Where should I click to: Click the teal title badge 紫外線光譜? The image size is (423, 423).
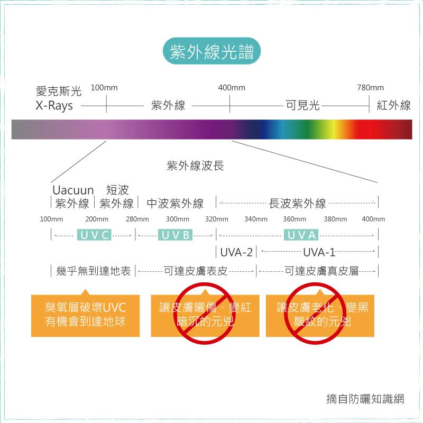click(212, 51)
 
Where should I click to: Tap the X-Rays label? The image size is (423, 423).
click(54, 105)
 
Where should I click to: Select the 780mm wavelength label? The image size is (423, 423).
click(370, 88)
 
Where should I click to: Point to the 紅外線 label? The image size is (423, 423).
click(393, 105)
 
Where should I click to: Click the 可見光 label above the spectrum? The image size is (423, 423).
click(302, 105)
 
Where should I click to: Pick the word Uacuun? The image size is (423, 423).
click(73, 190)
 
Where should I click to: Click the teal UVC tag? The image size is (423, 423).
click(94, 235)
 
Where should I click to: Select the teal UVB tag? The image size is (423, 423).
click(176, 235)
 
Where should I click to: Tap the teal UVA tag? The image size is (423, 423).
click(301, 235)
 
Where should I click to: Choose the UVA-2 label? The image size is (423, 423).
click(236, 253)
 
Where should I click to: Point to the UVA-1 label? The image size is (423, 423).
click(319, 253)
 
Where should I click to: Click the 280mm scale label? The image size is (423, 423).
click(137, 219)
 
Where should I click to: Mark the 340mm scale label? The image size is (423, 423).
click(256, 219)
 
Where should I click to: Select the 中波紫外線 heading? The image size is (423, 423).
click(175, 204)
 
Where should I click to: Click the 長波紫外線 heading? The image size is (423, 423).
click(298, 204)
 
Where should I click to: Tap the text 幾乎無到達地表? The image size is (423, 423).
click(94, 271)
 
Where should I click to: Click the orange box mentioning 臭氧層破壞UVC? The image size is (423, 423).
click(85, 315)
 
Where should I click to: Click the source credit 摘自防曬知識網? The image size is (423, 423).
click(365, 399)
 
